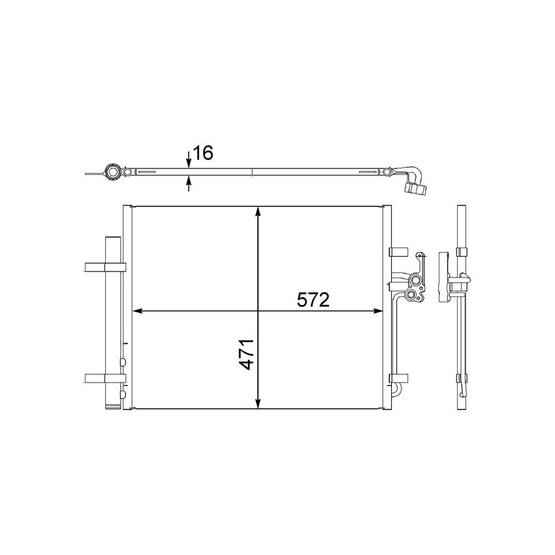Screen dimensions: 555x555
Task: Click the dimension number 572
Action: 311,300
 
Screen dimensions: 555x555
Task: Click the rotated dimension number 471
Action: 246,354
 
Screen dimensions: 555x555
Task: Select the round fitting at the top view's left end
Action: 112,173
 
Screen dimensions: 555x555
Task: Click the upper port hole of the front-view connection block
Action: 413,282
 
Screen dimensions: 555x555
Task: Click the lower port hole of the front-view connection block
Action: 411,298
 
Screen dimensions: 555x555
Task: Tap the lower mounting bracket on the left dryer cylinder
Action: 104,377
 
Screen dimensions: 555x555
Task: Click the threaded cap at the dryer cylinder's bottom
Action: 112,404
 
